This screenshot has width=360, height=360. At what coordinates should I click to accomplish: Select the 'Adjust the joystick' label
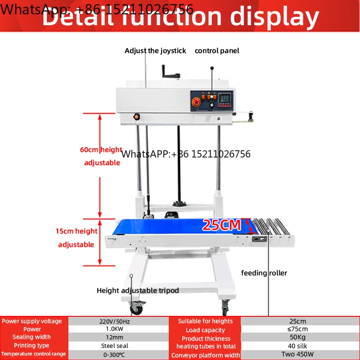click(x=155, y=51)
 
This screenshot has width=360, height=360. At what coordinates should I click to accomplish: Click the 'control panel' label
click(x=217, y=51)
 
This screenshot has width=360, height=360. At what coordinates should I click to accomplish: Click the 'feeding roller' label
click(x=264, y=273)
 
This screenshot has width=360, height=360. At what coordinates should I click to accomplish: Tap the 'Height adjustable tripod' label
click(x=138, y=290)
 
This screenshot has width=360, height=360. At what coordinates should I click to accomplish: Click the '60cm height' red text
click(x=101, y=149)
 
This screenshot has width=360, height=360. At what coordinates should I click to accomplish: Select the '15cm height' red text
click(x=76, y=231)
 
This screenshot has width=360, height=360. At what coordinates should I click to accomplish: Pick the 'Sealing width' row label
click(x=31, y=337)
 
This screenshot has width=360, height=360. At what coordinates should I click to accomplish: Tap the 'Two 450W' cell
click(x=297, y=355)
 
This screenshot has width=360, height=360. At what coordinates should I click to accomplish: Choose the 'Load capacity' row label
click(x=205, y=330)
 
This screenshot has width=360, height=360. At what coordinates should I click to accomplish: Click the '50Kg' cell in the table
click(x=297, y=338)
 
